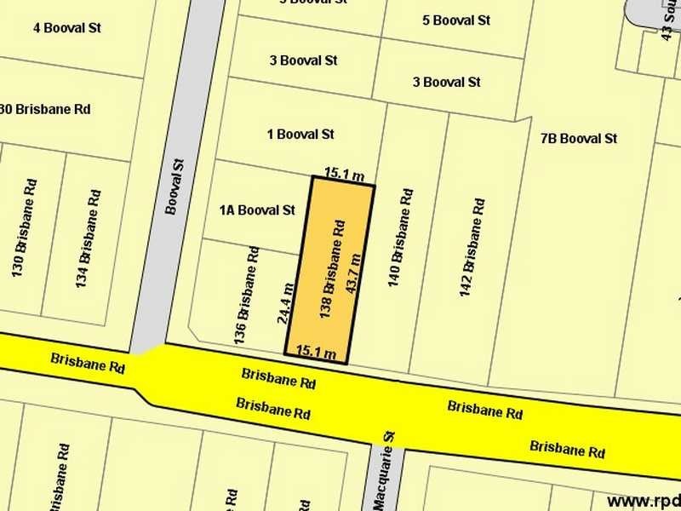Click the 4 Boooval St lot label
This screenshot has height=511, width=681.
(67, 28)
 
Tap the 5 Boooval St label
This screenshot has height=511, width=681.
(456, 20)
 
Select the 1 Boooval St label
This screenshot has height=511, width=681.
(300, 134)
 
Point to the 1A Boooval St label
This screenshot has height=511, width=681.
(256, 210)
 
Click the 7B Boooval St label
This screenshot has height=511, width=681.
(578, 138)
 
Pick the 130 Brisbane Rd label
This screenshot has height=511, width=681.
(23, 227)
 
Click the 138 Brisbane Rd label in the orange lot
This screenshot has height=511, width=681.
(332, 268)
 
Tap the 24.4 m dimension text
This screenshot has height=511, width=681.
(287, 305)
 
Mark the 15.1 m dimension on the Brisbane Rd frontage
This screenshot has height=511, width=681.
(316, 352)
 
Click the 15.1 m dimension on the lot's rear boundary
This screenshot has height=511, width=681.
(344, 175)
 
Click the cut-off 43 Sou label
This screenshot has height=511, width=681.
(670, 20)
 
